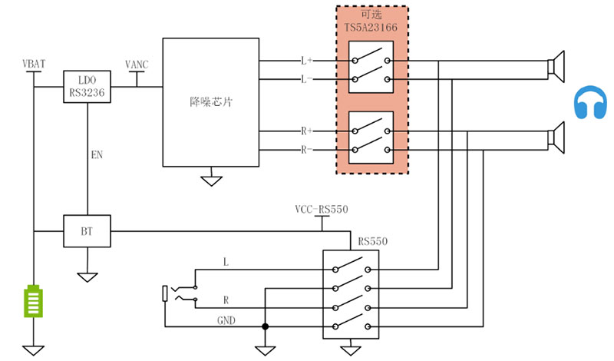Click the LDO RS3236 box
click(x=87, y=85)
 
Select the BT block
click(x=87, y=230)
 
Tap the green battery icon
click(x=33, y=301)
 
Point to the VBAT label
click(x=35, y=62)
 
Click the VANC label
click(x=138, y=63)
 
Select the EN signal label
click(x=97, y=154)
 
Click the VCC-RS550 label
click(x=322, y=210)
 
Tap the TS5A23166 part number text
click(x=370, y=28)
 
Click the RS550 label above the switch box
click(x=372, y=241)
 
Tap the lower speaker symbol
click(x=558, y=137)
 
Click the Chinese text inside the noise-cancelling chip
click(x=211, y=101)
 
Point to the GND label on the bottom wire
click(x=225, y=320)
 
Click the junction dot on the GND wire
click(x=266, y=326)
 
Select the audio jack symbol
click(x=173, y=293)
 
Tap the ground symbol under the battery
click(x=33, y=349)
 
